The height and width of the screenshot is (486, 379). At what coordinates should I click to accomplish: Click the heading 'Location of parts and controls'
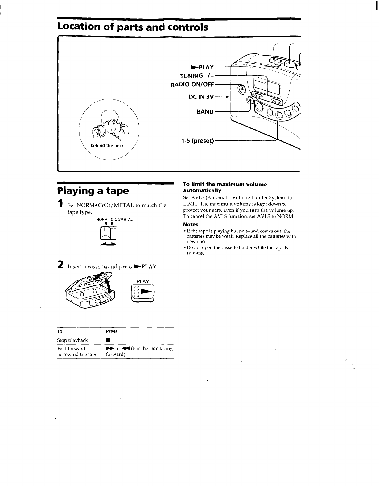tap(133, 27)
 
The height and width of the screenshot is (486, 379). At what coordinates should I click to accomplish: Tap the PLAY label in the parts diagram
tap(202, 67)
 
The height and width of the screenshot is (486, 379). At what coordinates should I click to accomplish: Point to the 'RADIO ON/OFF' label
tap(192, 85)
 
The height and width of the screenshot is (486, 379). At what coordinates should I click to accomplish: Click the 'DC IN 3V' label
tap(201, 97)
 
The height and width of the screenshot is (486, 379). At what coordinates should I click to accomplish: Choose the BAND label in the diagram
tap(205, 111)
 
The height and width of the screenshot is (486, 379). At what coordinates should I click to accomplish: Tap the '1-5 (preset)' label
tap(197, 141)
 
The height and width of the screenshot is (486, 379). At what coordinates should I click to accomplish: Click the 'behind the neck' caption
tap(107, 146)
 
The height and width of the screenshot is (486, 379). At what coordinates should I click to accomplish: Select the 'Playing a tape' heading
tap(93, 190)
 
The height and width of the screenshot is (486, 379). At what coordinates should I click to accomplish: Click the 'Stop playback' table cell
tap(72, 340)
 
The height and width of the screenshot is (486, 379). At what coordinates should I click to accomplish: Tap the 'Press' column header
tap(112, 331)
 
